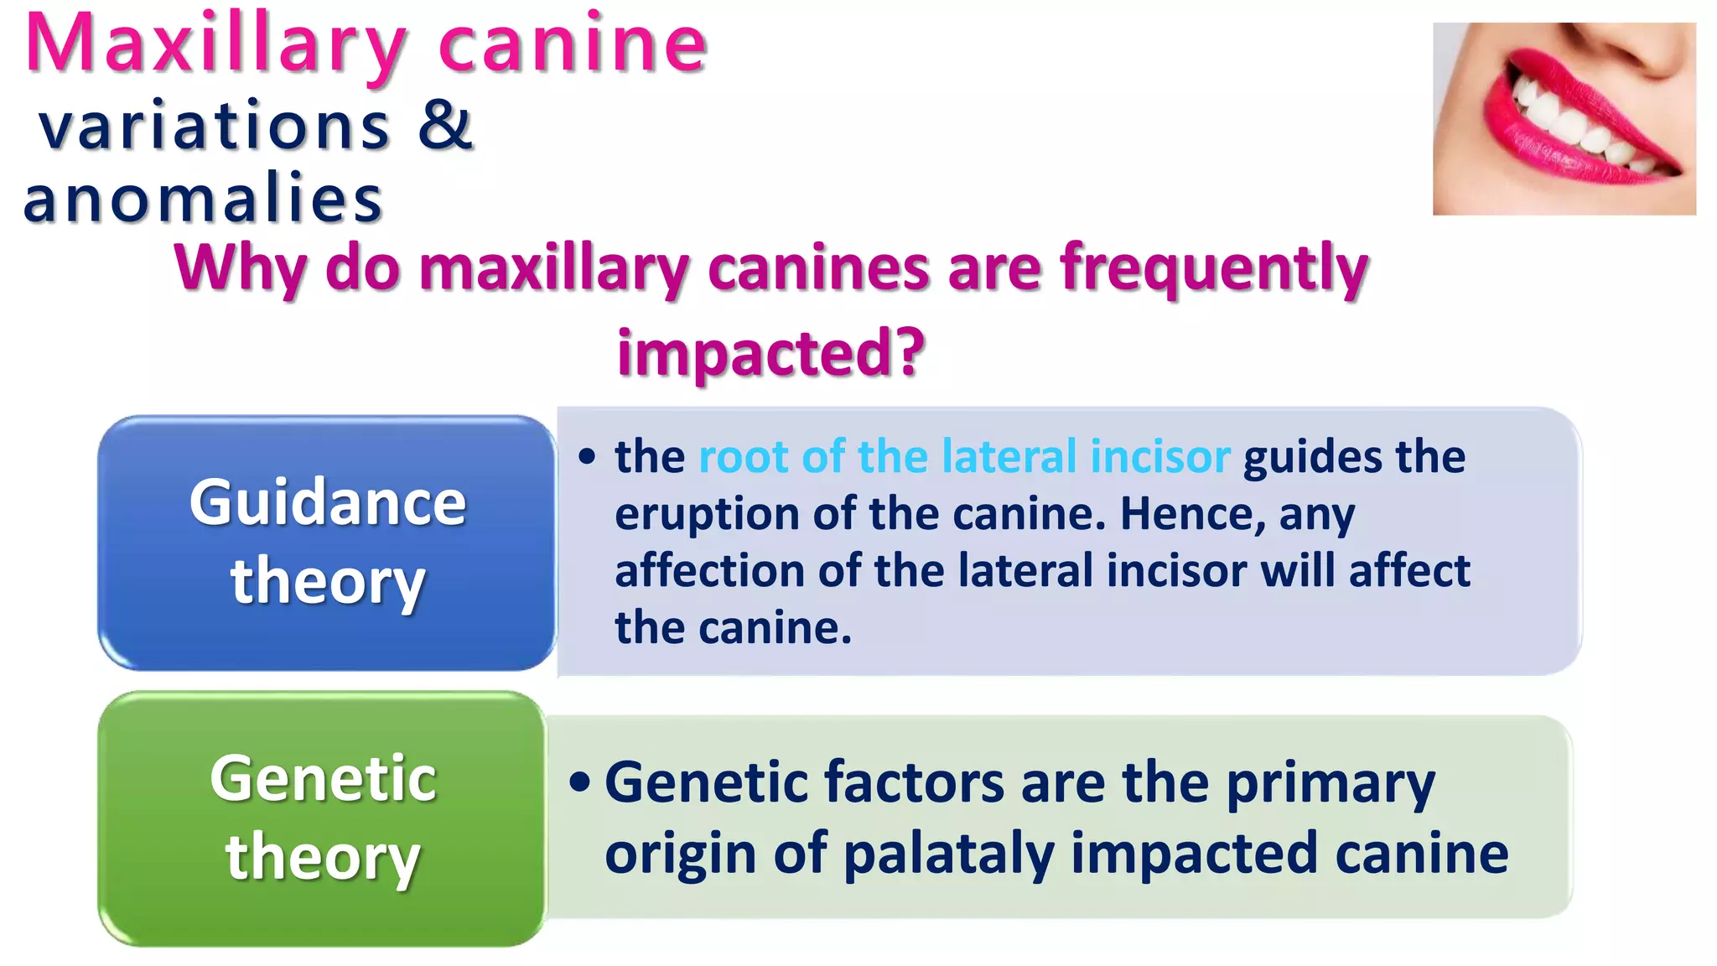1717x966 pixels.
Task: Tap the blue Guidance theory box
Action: (x=327, y=543)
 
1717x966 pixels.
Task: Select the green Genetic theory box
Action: (x=323, y=818)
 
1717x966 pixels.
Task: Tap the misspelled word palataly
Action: (x=948, y=854)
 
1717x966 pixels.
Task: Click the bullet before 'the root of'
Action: (x=587, y=457)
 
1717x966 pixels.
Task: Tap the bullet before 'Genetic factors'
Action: (x=579, y=782)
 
